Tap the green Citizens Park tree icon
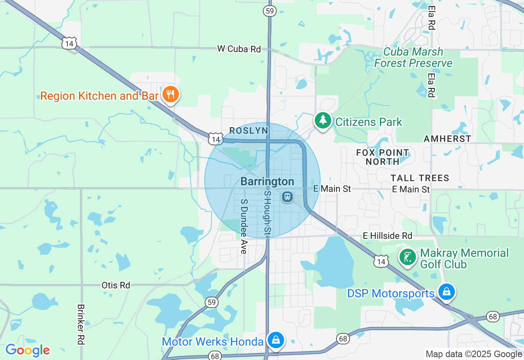point(323,120)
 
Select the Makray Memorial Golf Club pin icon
point(408,257)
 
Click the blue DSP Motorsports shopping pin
point(447,292)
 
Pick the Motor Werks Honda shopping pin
point(276,340)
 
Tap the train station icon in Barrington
point(287,197)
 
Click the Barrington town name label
point(267,181)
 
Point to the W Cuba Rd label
point(239,49)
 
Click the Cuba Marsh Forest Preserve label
point(413,58)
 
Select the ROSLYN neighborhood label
point(248,130)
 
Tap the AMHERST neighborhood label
point(447,139)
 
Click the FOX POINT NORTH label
point(382,157)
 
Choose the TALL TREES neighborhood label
point(420,178)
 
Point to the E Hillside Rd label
point(387,236)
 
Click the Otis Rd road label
point(116,285)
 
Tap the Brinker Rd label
point(81,324)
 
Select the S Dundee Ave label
point(244,227)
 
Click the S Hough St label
point(268,214)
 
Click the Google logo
point(27,350)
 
